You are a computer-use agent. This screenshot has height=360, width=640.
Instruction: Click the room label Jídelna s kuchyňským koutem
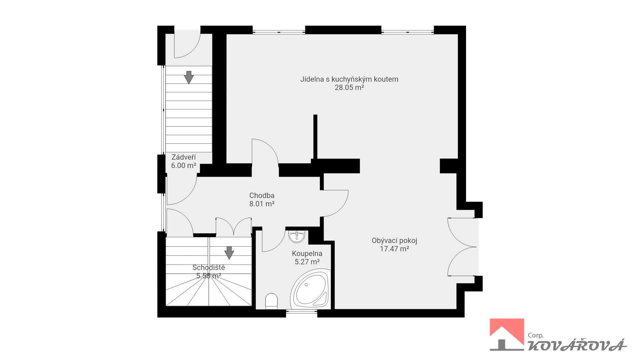349,79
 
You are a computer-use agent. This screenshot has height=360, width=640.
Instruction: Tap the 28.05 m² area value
349,88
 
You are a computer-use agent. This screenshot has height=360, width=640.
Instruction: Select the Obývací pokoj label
394,241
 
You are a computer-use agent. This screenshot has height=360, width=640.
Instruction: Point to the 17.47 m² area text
394,249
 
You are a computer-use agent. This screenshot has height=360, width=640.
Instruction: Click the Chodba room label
262,196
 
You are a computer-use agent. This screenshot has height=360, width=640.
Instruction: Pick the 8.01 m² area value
262,204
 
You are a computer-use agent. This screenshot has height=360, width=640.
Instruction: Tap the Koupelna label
307,254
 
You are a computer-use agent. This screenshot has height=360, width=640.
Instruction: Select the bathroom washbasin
296,236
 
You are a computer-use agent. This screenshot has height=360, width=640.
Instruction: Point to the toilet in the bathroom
271,301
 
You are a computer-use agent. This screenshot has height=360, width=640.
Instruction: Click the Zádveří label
183,157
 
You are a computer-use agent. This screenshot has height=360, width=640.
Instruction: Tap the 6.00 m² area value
183,165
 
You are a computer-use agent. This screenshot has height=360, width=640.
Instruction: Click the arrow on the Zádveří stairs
189,77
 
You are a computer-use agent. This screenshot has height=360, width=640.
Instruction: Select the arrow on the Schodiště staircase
229,253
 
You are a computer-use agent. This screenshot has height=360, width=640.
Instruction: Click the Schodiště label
209,268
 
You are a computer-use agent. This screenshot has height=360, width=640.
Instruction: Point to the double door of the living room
462,247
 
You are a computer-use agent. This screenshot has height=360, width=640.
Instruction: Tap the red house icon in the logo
507,335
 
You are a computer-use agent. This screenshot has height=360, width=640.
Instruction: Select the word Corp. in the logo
536,336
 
